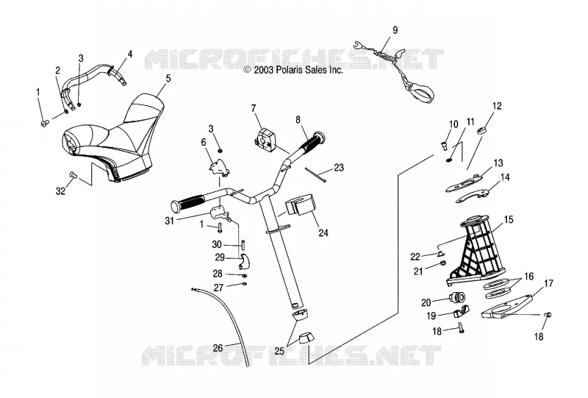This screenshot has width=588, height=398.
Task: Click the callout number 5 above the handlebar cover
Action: tap(168, 78)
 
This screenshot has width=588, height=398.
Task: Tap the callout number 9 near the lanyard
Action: tap(395, 30)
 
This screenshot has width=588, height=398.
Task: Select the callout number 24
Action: tap(323, 233)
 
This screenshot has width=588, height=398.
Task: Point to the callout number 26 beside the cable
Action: tap(218, 348)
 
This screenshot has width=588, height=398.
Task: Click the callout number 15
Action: tap(509, 219)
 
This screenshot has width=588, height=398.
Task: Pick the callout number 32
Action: tap(60, 191)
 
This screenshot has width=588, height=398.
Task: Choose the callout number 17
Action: tap(548, 283)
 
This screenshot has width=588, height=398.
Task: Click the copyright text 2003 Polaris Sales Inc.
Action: tap(293, 70)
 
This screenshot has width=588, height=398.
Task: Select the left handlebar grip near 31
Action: tap(187, 203)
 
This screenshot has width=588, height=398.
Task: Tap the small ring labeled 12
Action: tap(483, 131)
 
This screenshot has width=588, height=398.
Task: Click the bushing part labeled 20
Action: tap(457, 297)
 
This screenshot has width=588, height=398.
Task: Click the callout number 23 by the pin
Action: tap(339, 168)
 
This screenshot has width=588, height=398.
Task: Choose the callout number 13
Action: tap(498, 163)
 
